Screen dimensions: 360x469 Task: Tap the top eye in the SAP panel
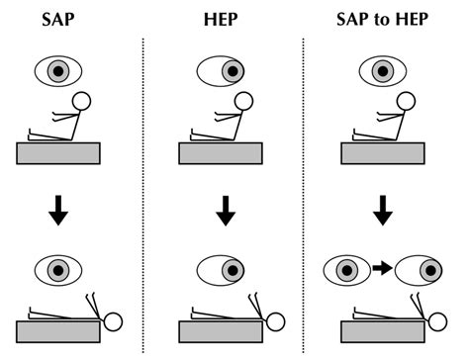61,71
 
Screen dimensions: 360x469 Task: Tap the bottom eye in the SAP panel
61,268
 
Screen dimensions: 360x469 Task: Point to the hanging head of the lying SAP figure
114,320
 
